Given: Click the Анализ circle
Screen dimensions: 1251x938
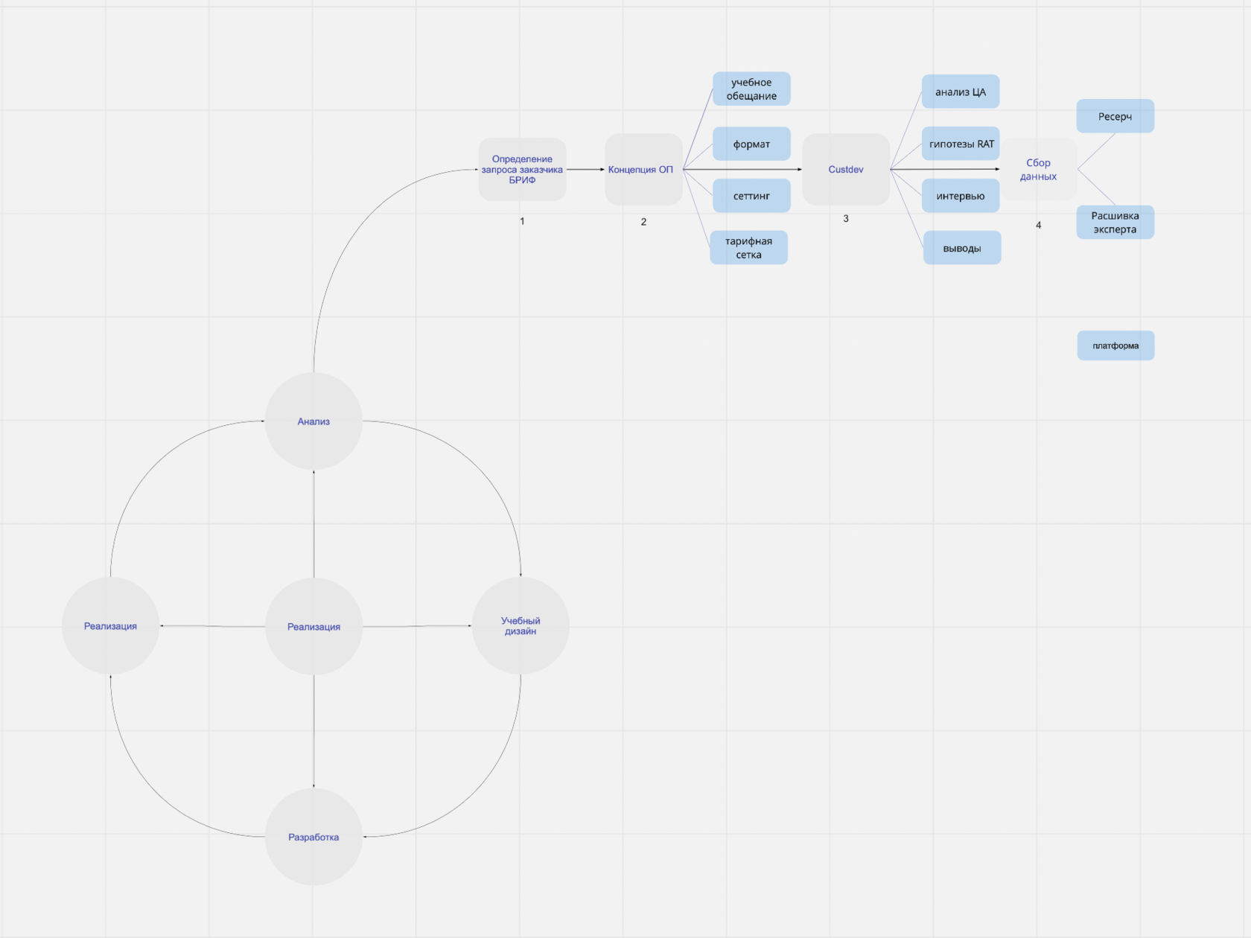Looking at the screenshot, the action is point(313,421).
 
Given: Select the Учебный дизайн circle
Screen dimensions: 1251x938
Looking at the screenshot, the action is point(521,626).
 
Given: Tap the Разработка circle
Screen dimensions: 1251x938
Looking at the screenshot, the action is point(313,837).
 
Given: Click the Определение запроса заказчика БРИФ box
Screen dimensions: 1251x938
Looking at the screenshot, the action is point(522,170).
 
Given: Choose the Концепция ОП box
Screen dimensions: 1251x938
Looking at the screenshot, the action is point(643,170).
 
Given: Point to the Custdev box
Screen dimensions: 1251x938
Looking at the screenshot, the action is point(846,170).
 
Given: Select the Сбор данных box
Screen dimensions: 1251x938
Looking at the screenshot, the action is point(1038,170).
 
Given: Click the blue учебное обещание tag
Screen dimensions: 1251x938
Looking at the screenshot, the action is point(751,89).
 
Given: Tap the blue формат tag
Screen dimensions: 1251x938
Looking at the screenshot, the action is point(751,144).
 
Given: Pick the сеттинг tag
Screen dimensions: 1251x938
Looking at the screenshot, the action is point(751,196).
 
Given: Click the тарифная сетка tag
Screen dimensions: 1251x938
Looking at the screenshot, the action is point(748,248).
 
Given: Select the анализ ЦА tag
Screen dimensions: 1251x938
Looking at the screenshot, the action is point(961,92).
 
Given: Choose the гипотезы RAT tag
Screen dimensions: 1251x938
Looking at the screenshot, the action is point(961,144).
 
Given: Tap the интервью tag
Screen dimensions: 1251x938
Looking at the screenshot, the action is point(961,196).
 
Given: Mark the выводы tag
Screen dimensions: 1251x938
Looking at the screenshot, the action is point(962,248).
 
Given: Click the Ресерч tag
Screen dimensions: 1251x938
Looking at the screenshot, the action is point(1115,116).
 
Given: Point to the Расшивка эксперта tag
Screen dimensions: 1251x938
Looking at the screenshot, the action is point(1115,223).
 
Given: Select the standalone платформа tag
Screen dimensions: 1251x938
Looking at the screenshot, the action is point(1115,345).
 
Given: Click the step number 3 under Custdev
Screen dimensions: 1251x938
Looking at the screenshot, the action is point(846,219).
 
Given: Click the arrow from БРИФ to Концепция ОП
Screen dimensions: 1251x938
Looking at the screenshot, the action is point(585,170).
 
